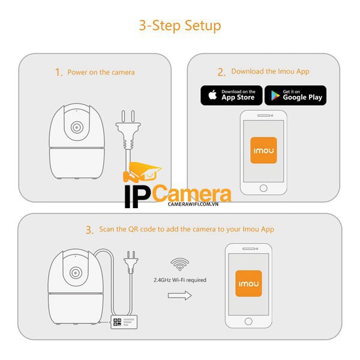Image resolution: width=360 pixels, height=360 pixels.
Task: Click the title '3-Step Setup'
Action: pos(180,25)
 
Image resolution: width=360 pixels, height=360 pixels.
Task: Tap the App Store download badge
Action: pos(231,95)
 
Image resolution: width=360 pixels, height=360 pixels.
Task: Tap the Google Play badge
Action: pos(295,95)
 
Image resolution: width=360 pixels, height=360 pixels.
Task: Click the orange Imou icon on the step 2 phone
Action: pos(263,151)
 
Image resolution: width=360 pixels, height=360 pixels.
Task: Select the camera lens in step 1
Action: pos(76,128)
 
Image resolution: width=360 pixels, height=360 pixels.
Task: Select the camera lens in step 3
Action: pos(76,273)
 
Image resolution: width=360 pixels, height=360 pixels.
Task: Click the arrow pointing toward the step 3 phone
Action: pos(179,295)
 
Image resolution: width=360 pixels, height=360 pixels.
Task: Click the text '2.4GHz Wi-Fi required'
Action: pos(180,280)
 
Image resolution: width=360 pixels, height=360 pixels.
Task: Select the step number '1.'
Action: pos(59,72)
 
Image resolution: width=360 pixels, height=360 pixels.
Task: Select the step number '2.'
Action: pos(221,72)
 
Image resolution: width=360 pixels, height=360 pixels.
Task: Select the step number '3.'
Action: pos(89,230)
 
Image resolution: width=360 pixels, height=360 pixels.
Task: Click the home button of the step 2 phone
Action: pos(263,188)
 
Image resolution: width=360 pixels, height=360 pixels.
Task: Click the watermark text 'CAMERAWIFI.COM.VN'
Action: pos(176,205)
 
